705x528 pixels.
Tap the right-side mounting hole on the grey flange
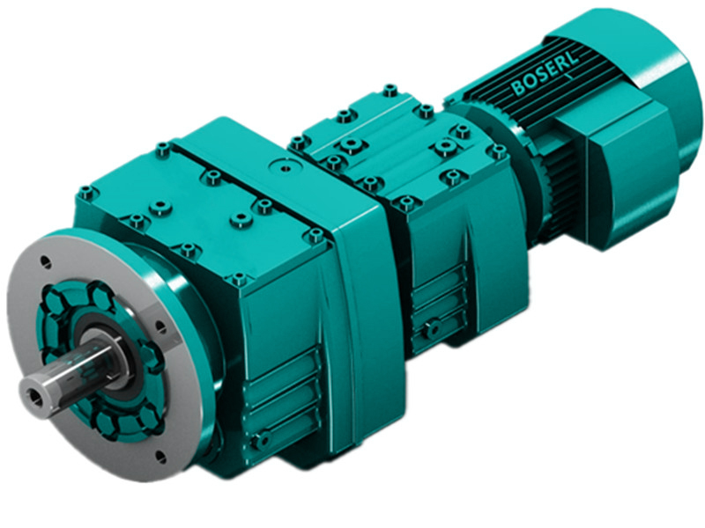point(160,326)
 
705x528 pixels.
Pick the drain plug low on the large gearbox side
point(259,436)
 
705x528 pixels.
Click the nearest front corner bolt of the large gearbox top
point(239,281)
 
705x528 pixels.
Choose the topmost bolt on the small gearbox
point(390,90)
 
